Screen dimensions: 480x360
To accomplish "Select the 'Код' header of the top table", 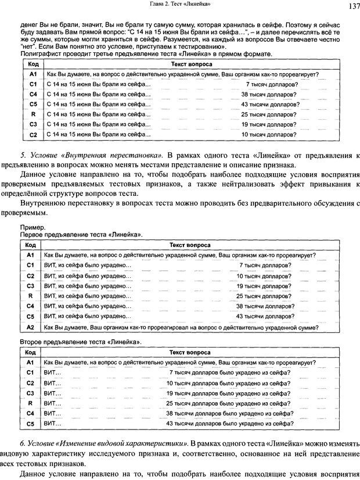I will [33, 64].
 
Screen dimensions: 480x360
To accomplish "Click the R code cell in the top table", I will [33, 114].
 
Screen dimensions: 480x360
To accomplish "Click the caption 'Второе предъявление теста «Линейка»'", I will [81, 343].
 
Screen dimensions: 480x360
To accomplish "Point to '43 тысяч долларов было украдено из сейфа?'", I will [228, 424].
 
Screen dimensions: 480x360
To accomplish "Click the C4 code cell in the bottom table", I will [31, 414].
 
